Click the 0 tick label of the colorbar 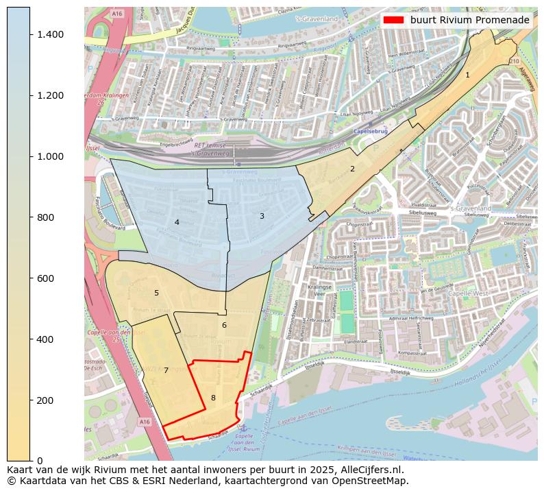pyautogui.click(x=40, y=461)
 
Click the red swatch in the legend pyautogui.click(x=394, y=21)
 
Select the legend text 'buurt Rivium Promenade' pyautogui.click(x=470, y=21)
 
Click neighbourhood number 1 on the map pyautogui.click(x=467, y=75)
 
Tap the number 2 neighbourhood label pyautogui.click(x=352, y=169)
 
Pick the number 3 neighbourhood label pyautogui.click(x=261, y=216)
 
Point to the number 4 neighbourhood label pyautogui.click(x=176, y=222)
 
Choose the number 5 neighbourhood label pyautogui.click(x=156, y=293)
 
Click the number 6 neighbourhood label pyautogui.click(x=223, y=325)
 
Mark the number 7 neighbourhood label pyautogui.click(x=166, y=370)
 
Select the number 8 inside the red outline pyautogui.click(x=213, y=398)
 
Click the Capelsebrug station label pyautogui.click(x=371, y=131)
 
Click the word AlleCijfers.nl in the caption pyautogui.click(x=371, y=470)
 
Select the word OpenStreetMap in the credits pyautogui.click(x=374, y=481)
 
